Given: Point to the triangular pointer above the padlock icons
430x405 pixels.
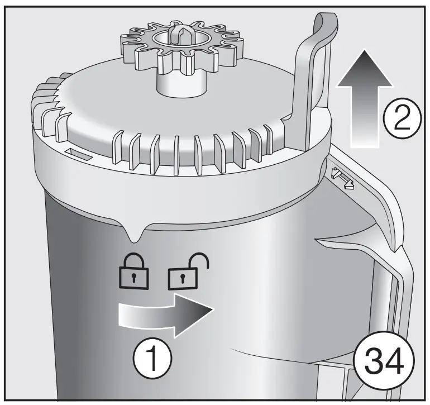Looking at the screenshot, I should [x=134, y=234].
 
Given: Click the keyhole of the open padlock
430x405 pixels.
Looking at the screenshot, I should [x=180, y=277].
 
